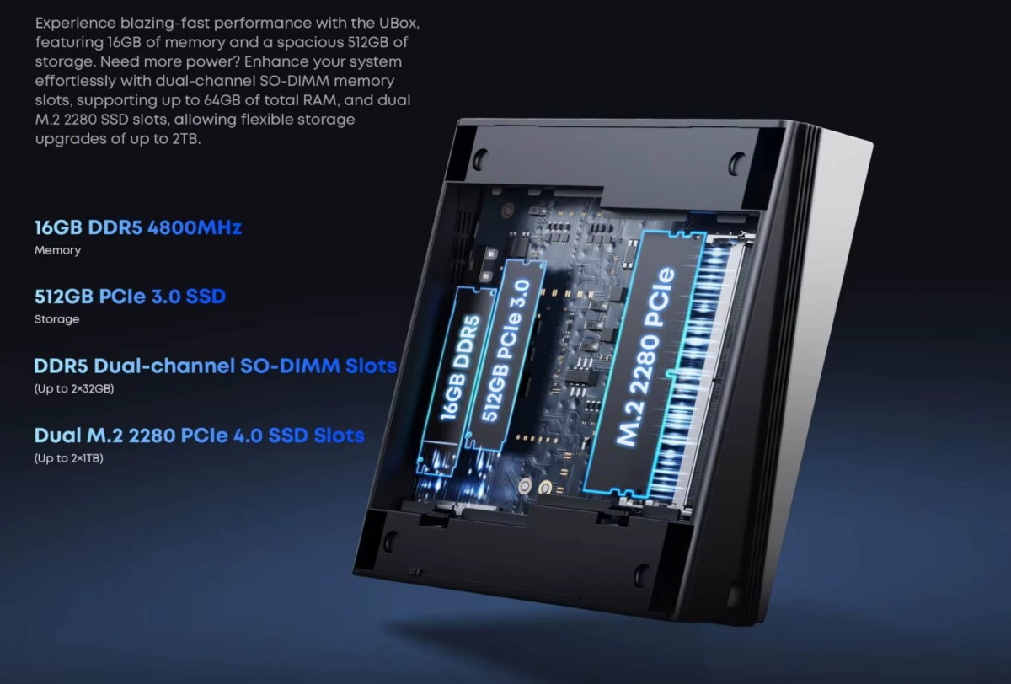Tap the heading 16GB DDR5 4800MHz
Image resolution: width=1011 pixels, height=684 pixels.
pyautogui.click(x=138, y=227)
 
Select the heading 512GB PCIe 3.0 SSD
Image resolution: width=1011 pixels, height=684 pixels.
pyautogui.click(x=130, y=297)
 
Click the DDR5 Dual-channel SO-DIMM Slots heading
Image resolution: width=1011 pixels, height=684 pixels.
pyautogui.click(x=216, y=366)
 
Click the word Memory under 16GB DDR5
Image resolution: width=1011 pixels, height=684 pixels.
pyautogui.click(x=58, y=250)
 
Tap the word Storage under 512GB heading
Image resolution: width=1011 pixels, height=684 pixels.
pyautogui.click(x=57, y=319)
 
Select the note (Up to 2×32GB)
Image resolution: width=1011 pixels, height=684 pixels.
pyautogui.click(x=74, y=389)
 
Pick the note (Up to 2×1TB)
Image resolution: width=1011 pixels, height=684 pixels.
pyautogui.click(x=68, y=458)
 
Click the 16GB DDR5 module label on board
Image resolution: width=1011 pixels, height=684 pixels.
pyautogui.click(x=460, y=368)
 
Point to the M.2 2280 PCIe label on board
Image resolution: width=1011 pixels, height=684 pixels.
pyautogui.click(x=645, y=357)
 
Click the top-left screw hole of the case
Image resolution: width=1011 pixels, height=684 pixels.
pyautogui.click(x=481, y=158)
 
